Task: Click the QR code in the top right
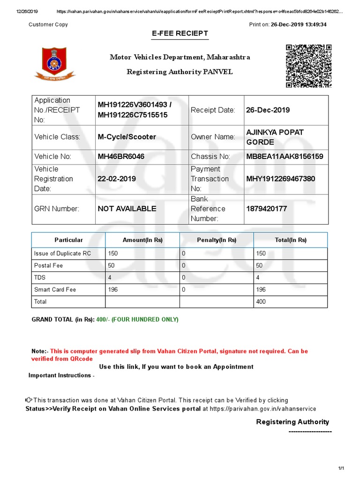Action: pyautogui.click(x=309, y=66)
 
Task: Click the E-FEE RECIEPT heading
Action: pyautogui.click(x=180, y=34)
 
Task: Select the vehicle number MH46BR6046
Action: pyautogui.click(x=121, y=157)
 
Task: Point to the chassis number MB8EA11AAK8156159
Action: pyautogui.click(x=285, y=157)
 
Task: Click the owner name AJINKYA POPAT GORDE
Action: pyautogui.click(x=275, y=137)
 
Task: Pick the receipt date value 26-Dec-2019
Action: pyautogui.click(x=268, y=110)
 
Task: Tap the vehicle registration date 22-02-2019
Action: pyautogui.click(x=116, y=179)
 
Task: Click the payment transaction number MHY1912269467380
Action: pyautogui.click(x=281, y=179)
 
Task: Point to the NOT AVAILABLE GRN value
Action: pyautogui.click(x=127, y=209)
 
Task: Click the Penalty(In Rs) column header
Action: pyautogui.click(x=217, y=240)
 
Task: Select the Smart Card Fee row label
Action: pyautogui.click(x=55, y=290)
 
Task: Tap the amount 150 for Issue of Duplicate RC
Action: pyautogui.click(x=113, y=254)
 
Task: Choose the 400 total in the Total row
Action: pyautogui.click(x=261, y=302)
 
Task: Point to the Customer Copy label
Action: pyautogui.click(x=48, y=25)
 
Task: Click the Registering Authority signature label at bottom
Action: pyautogui.click(x=292, y=422)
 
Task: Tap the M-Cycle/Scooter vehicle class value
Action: pyautogui.click(x=127, y=137)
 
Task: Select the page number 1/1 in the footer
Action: pyautogui.click(x=341, y=468)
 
